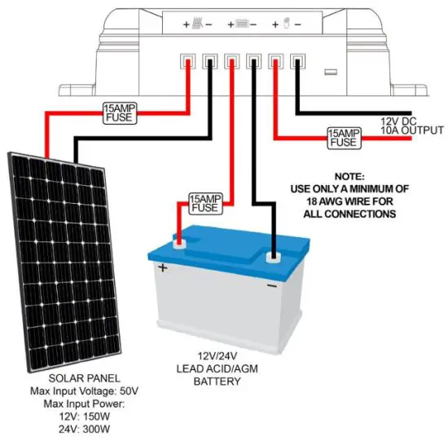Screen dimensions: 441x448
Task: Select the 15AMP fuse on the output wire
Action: click(x=345, y=137)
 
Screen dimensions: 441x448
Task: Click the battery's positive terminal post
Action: click(x=178, y=241)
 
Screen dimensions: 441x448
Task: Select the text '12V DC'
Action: click(x=399, y=121)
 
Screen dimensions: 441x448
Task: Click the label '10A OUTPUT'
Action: click(x=412, y=130)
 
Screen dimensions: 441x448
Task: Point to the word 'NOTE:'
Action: click(x=353, y=176)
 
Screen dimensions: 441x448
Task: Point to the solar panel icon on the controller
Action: click(x=198, y=24)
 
